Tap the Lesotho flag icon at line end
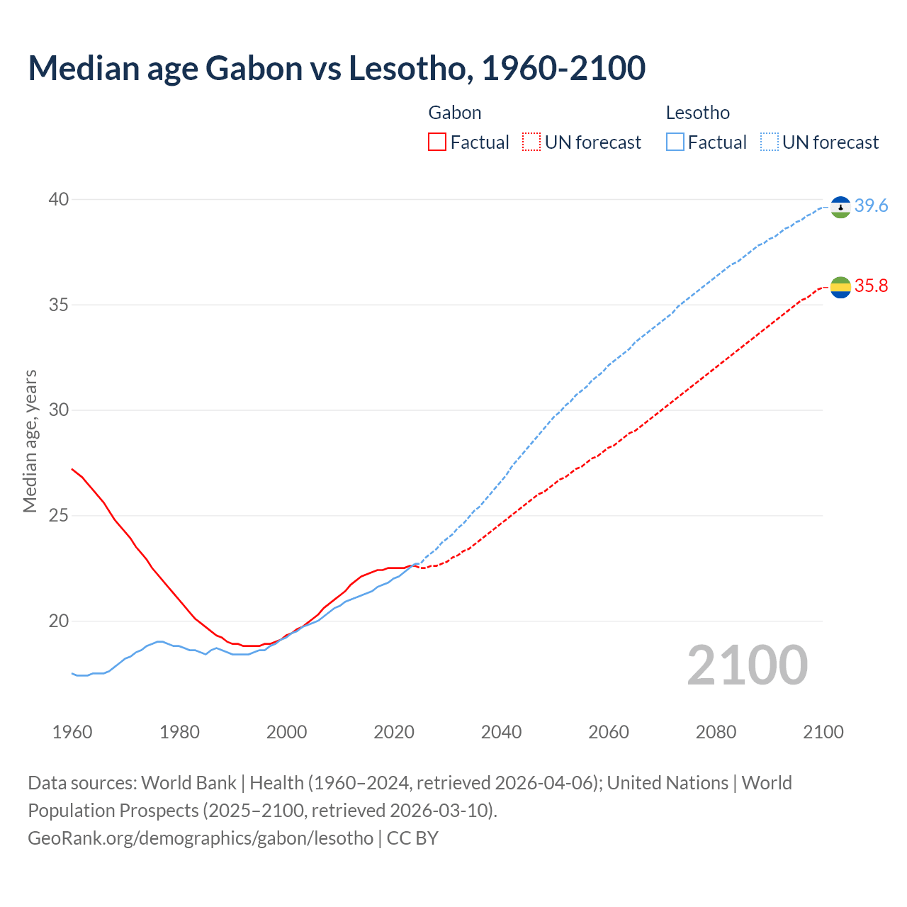click(x=840, y=207)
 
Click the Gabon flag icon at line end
click(x=840, y=287)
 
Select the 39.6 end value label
click(x=871, y=206)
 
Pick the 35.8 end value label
click(x=871, y=286)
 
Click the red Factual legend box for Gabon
click(x=437, y=142)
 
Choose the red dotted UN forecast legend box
click(x=531, y=142)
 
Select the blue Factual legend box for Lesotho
click(x=675, y=142)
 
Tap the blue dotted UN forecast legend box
click(x=770, y=142)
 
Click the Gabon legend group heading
click(x=455, y=113)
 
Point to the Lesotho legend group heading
click(x=698, y=113)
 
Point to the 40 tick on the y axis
click(x=59, y=200)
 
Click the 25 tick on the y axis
click(x=59, y=516)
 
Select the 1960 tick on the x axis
click(x=72, y=732)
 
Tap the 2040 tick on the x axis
click(x=501, y=732)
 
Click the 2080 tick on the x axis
click(x=716, y=732)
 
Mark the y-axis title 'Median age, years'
click(x=30, y=441)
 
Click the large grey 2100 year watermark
click(x=747, y=665)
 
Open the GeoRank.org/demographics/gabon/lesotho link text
click(x=201, y=838)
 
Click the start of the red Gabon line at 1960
click(x=72, y=469)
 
